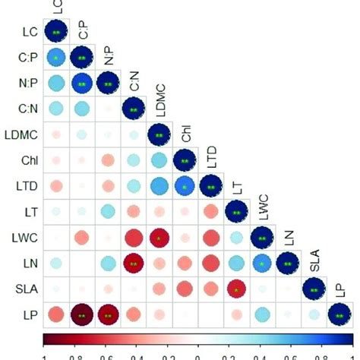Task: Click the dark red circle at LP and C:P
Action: tap(82, 314)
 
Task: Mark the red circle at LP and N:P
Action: tap(108, 314)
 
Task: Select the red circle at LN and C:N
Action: tap(134, 264)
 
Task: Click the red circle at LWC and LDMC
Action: tap(159, 238)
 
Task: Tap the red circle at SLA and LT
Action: tap(236, 289)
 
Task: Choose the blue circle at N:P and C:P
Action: tap(82, 84)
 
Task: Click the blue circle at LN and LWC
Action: tap(262, 264)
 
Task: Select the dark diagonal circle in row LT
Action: tap(236, 212)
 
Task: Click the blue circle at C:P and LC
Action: tap(56, 58)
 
